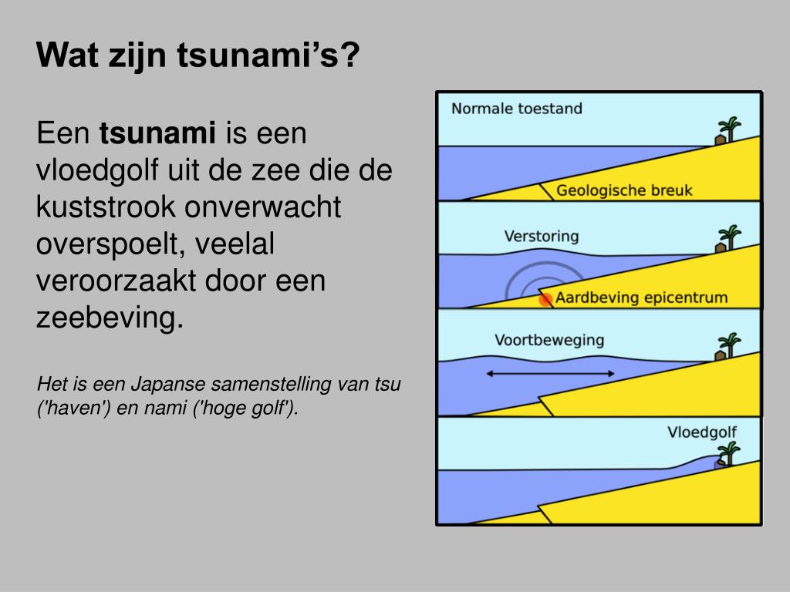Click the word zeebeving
point(110,317)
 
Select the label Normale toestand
point(516,109)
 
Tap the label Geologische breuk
point(624,190)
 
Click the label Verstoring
point(541,236)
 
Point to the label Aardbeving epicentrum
point(641,298)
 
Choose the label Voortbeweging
point(549,340)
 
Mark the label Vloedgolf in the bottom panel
point(701,432)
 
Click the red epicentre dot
point(545,299)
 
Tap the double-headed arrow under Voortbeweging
point(550,374)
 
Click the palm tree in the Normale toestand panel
point(728,129)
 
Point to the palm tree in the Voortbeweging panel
point(728,345)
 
